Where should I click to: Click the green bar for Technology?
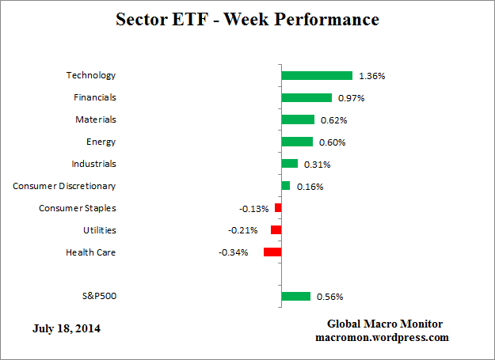[x=317, y=76]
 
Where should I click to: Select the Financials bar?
[x=307, y=98]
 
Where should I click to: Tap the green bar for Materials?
[x=298, y=119]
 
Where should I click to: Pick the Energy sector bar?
[x=297, y=142]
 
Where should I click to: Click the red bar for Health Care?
[x=272, y=252]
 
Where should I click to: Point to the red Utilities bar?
[x=276, y=230]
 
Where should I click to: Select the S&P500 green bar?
[x=295, y=297]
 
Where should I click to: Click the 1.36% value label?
[x=371, y=77]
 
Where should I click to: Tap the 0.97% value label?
[x=351, y=98]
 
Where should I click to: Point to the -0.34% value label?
[x=233, y=253]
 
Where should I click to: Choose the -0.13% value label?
[x=253, y=209]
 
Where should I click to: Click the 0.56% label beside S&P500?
[x=329, y=297]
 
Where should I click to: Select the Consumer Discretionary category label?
[x=64, y=186]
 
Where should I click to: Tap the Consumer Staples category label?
[x=78, y=208]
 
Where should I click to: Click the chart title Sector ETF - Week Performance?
[x=248, y=18]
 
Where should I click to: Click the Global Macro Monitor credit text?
[x=385, y=324]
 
